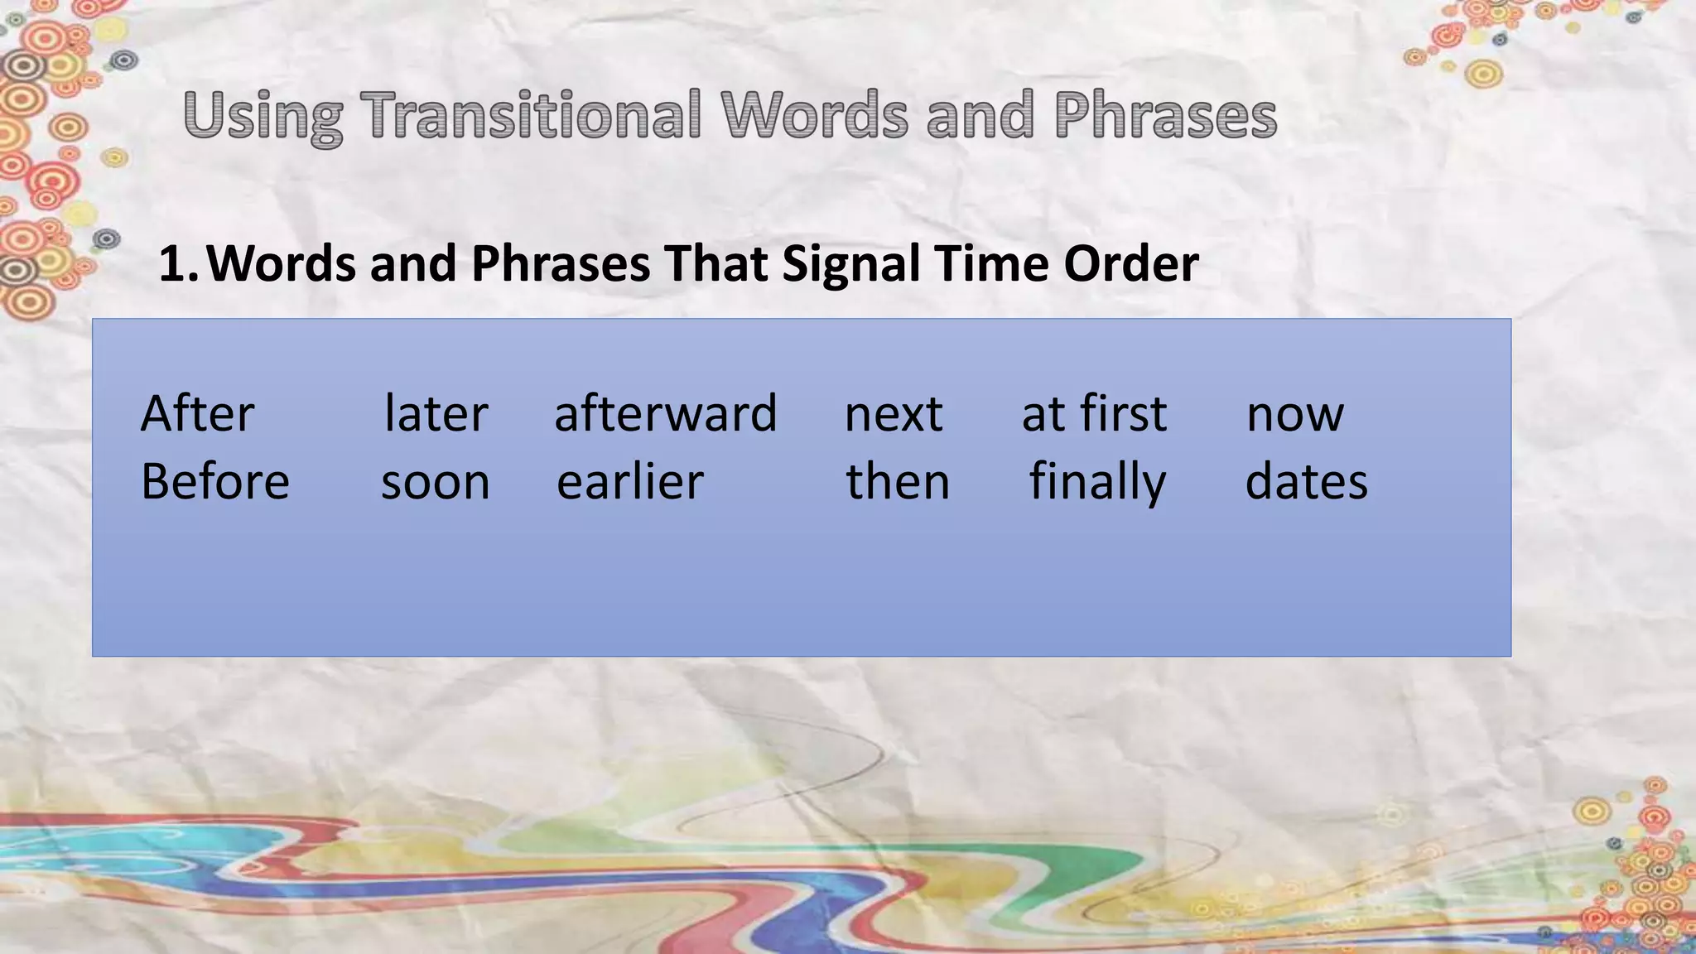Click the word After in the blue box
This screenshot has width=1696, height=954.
pos(197,413)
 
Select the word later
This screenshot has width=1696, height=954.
pos(436,413)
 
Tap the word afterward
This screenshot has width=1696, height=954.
pos(665,413)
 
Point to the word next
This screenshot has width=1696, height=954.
pos(893,413)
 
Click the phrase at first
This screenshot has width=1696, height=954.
pos(1093,413)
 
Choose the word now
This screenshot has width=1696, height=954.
pos(1294,415)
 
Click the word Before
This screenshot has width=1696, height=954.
pos(215,481)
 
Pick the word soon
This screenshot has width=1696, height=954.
pos(435,483)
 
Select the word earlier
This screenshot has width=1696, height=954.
pos(629,481)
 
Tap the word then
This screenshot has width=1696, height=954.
pos(897,481)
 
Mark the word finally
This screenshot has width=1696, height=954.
pos(1097,483)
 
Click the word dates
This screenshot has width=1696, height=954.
pos(1306,481)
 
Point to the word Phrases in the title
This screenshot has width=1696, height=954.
pos(1165,115)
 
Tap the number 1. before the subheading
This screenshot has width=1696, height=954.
pos(177,264)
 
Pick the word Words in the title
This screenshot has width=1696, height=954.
pos(814,115)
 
